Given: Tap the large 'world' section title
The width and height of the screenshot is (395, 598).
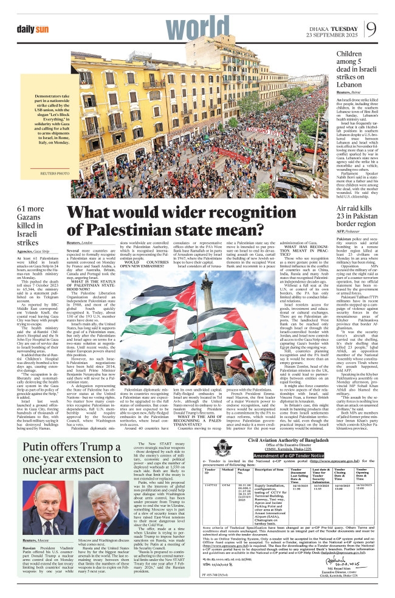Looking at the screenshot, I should click(128, 24).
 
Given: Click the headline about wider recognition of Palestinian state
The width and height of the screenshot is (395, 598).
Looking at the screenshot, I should click(197, 221).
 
